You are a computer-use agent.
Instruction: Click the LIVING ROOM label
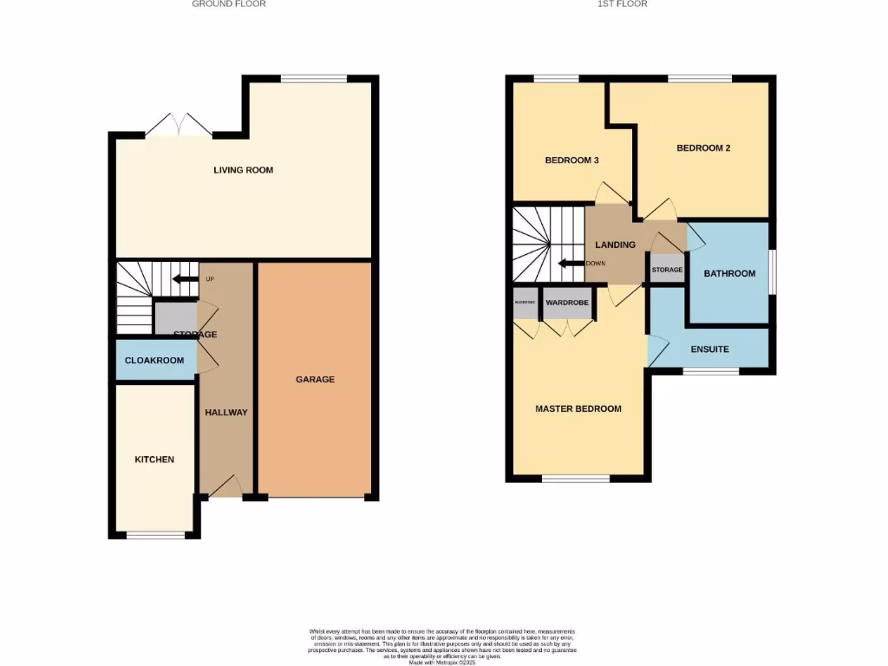243,170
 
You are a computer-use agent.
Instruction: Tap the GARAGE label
315,379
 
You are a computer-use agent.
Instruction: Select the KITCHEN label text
154,459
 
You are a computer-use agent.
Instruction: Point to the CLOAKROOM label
154,360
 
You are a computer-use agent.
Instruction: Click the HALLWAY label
225,412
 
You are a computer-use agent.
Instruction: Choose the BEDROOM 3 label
571,160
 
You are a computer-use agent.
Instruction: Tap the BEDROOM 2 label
703,147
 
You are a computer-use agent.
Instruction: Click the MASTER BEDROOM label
578,408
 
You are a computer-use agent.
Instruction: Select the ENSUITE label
709,349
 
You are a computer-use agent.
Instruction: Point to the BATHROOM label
728,273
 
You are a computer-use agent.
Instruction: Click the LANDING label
615,245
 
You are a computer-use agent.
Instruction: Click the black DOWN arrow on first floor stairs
570,264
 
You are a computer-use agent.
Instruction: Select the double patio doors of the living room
179,126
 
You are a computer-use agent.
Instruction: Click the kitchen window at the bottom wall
156,535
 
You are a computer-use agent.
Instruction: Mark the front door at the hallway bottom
224,488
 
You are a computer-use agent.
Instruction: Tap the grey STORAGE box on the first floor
668,270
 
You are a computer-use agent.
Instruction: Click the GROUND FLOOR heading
229,4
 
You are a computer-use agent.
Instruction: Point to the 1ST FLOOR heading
622,4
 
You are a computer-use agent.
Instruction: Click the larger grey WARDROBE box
567,303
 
